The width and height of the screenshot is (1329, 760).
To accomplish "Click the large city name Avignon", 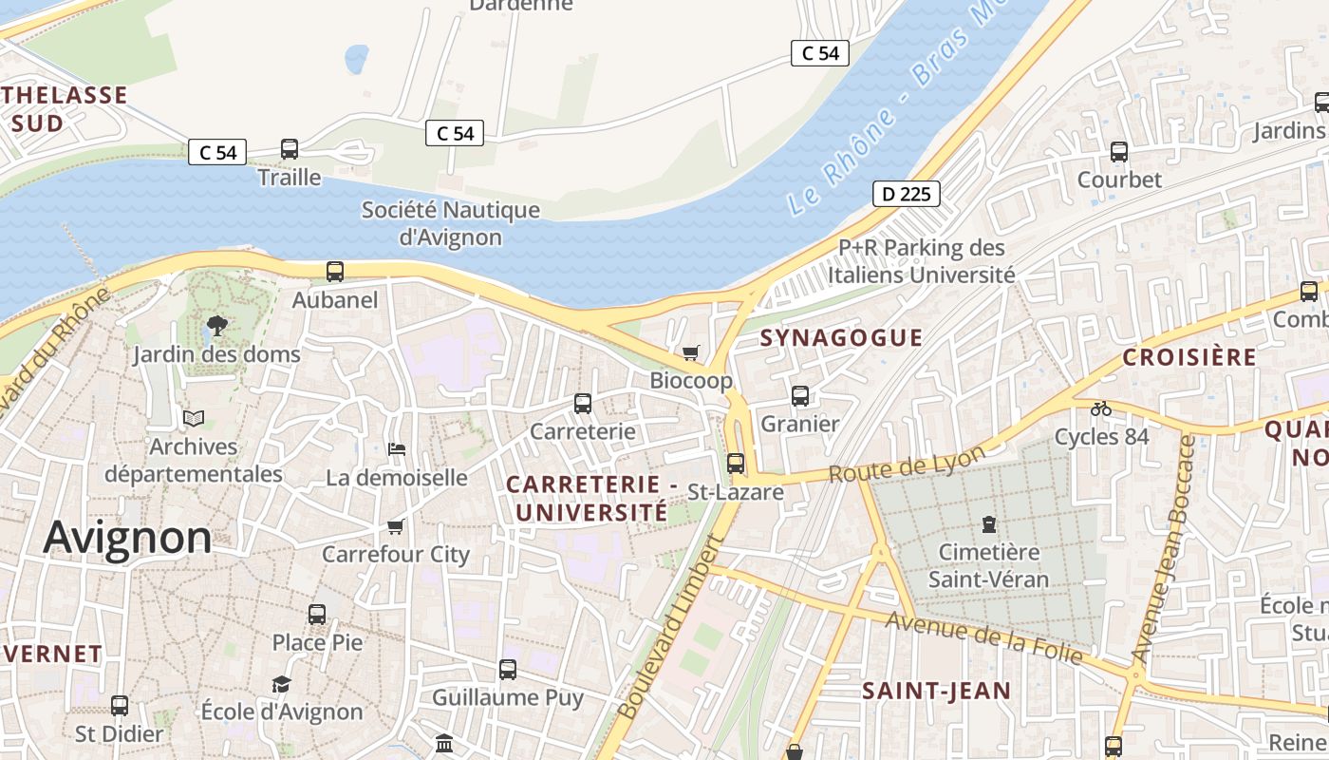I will [x=127, y=538].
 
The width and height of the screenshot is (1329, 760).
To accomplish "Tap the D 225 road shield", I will [x=906, y=195].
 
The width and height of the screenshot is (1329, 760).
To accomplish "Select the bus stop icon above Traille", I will [x=290, y=149].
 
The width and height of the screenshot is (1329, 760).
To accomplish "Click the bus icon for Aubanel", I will [x=335, y=272].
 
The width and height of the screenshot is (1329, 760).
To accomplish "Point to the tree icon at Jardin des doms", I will [x=216, y=326].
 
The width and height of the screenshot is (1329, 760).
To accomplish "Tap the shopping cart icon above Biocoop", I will [x=691, y=352].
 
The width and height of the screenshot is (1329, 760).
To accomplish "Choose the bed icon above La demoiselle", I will [x=397, y=448].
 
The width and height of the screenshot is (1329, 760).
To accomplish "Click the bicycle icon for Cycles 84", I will [x=1101, y=408].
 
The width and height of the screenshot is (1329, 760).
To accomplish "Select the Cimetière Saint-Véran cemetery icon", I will [x=989, y=523].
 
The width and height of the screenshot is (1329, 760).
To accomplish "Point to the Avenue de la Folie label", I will [x=983, y=637].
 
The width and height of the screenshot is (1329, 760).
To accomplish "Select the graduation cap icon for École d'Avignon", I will [x=281, y=684].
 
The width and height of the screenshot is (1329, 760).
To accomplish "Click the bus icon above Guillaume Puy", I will [x=508, y=670].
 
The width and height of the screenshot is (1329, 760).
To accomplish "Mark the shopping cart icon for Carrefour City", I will [x=396, y=526].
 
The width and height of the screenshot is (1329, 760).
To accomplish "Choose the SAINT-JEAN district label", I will [x=936, y=691].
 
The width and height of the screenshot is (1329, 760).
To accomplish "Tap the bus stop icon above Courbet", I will [x=1119, y=152].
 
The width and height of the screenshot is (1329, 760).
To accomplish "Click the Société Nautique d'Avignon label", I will [x=450, y=223].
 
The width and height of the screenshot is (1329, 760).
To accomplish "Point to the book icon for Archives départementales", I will [x=194, y=418].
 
